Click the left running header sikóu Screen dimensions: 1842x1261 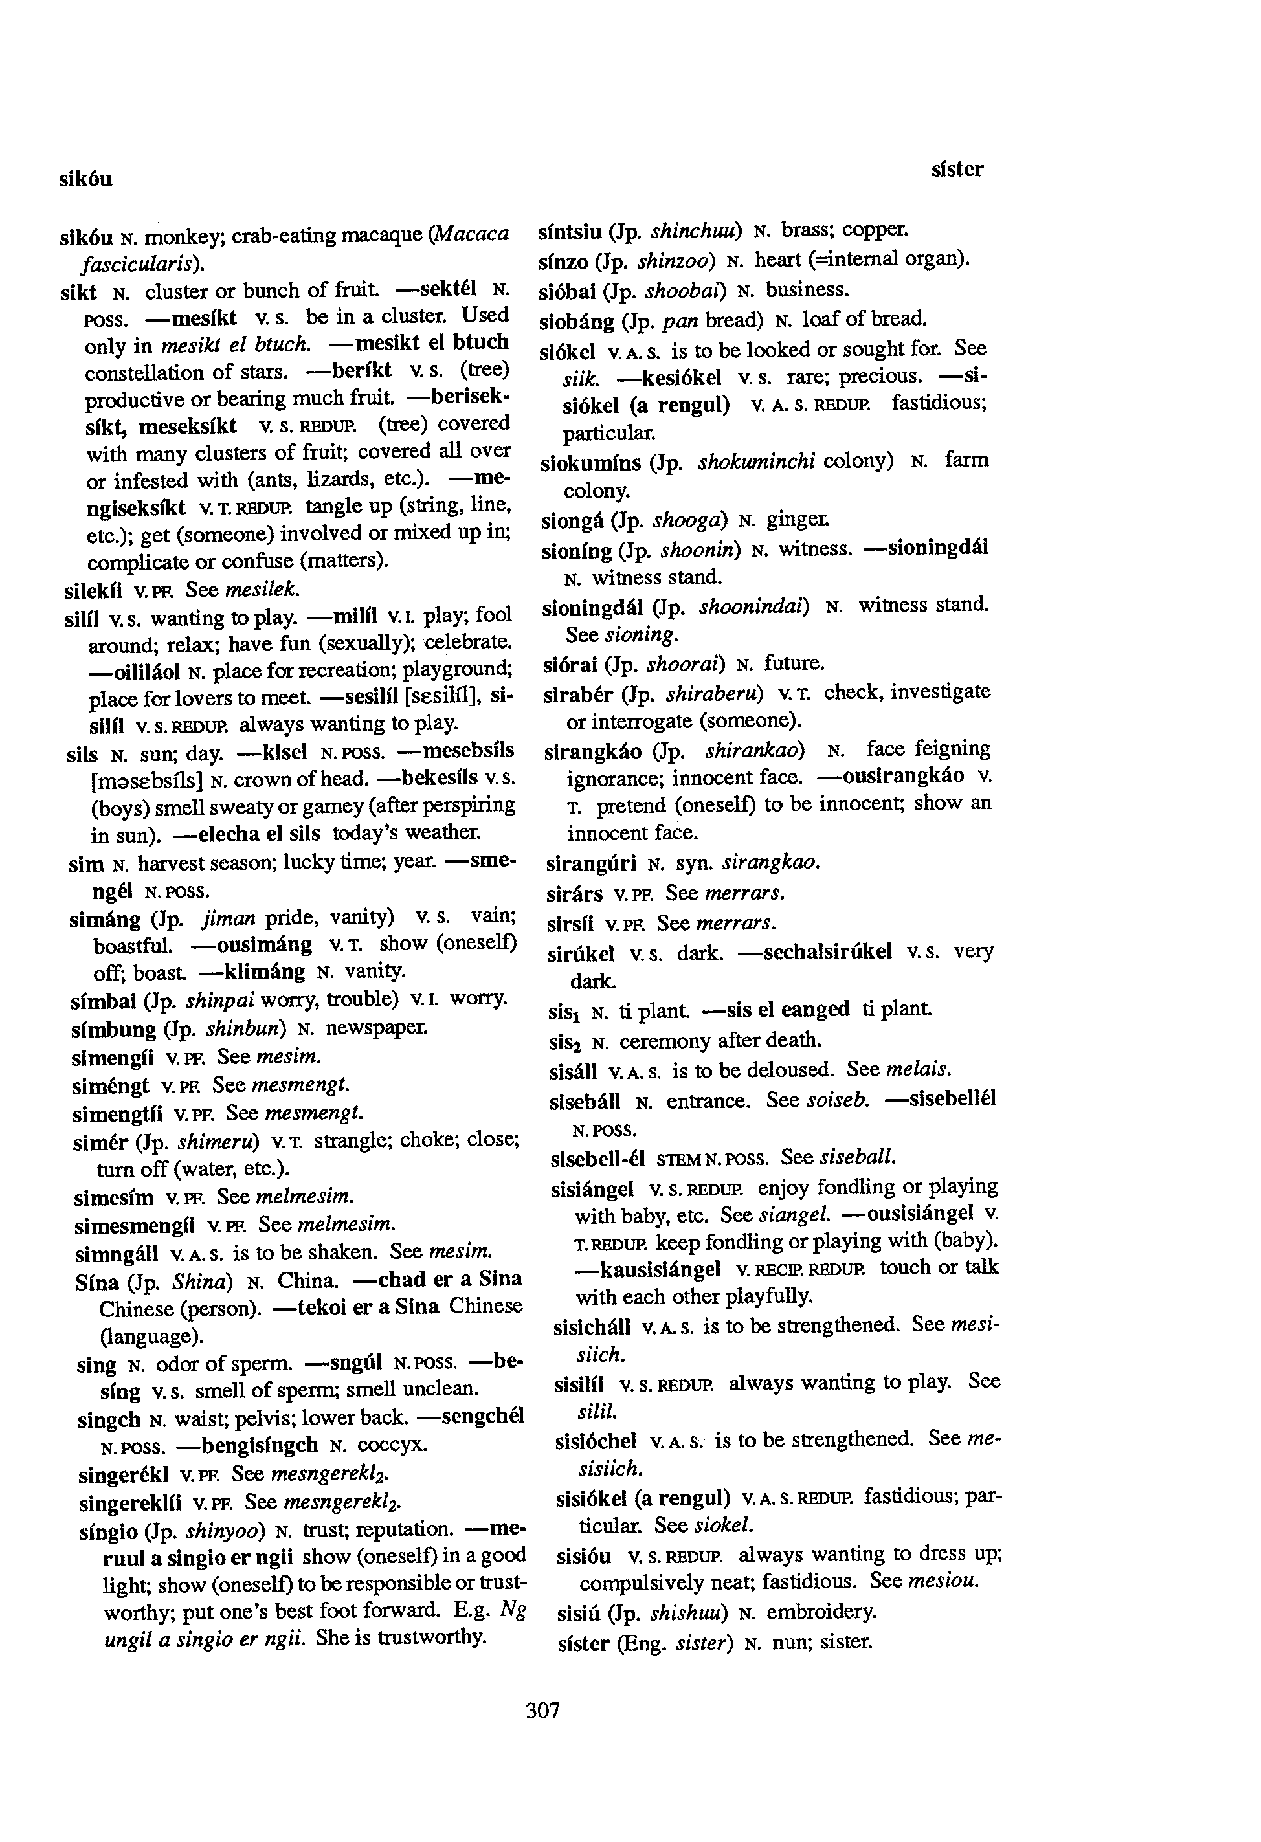pyautogui.click(x=85, y=180)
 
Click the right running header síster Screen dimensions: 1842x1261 pyautogui.click(x=957, y=170)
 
